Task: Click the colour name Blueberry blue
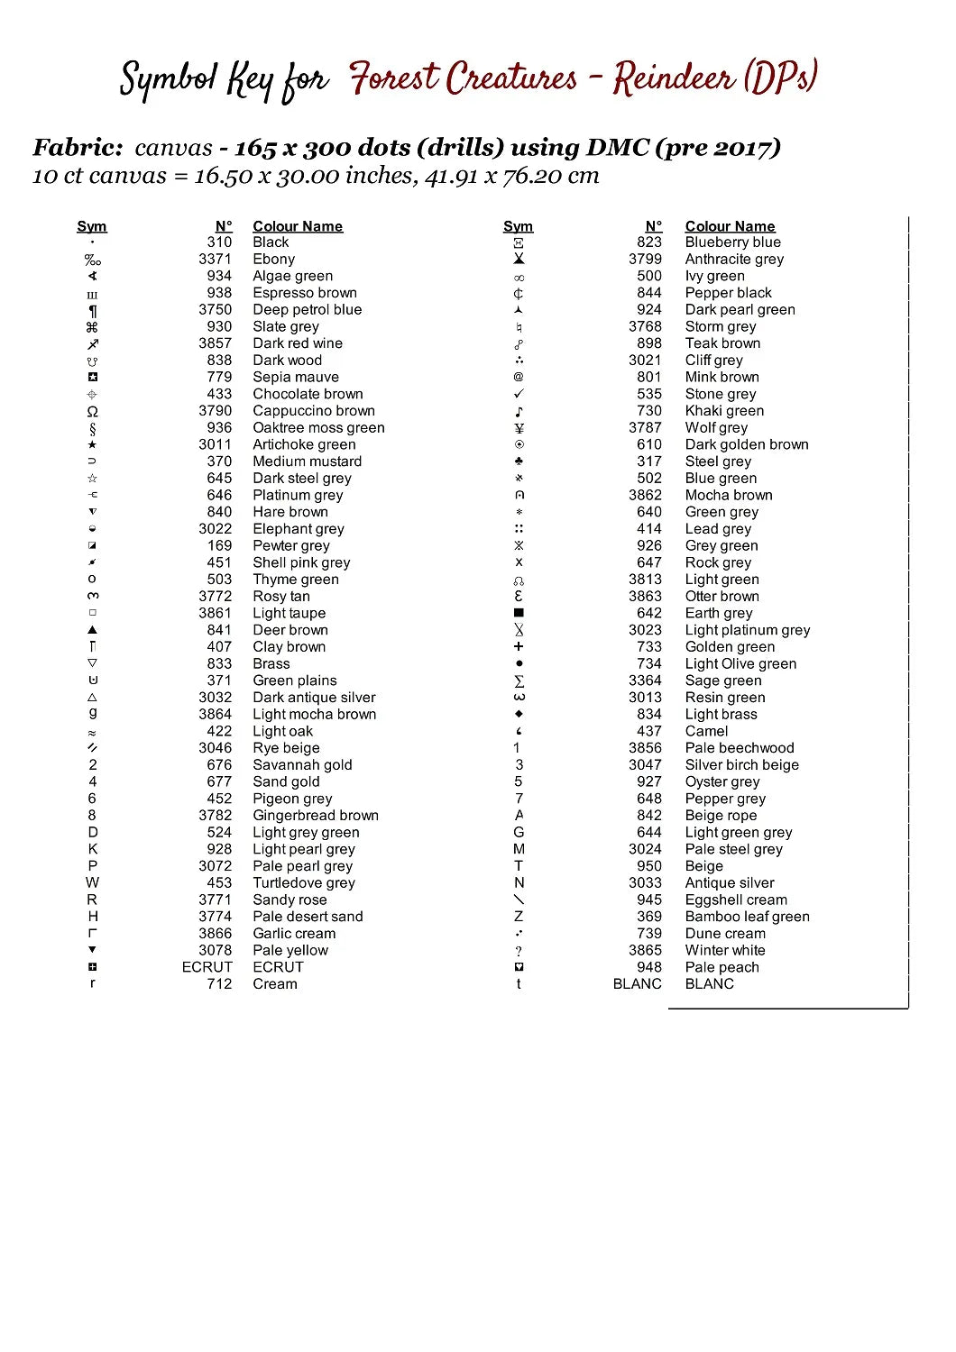(732, 242)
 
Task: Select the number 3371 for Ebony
(215, 259)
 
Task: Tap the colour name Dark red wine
(298, 343)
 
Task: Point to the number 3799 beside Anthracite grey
(645, 259)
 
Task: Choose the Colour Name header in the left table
(298, 226)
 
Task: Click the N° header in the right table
(654, 226)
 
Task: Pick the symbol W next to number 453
(92, 883)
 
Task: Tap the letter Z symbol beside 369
(519, 917)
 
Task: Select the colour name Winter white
(724, 950)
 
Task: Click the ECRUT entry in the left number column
(207, 967)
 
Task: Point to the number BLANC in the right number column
(637, 984)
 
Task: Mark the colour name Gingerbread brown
(316, 816)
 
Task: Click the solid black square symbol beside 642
(519, 613)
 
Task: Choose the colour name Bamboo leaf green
(747, 917)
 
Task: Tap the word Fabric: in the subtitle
(78, 148)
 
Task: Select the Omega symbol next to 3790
(92, 411)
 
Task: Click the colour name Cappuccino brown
(314, 411)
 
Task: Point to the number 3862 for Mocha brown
(645, 495)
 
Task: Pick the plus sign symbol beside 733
(519, 647)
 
